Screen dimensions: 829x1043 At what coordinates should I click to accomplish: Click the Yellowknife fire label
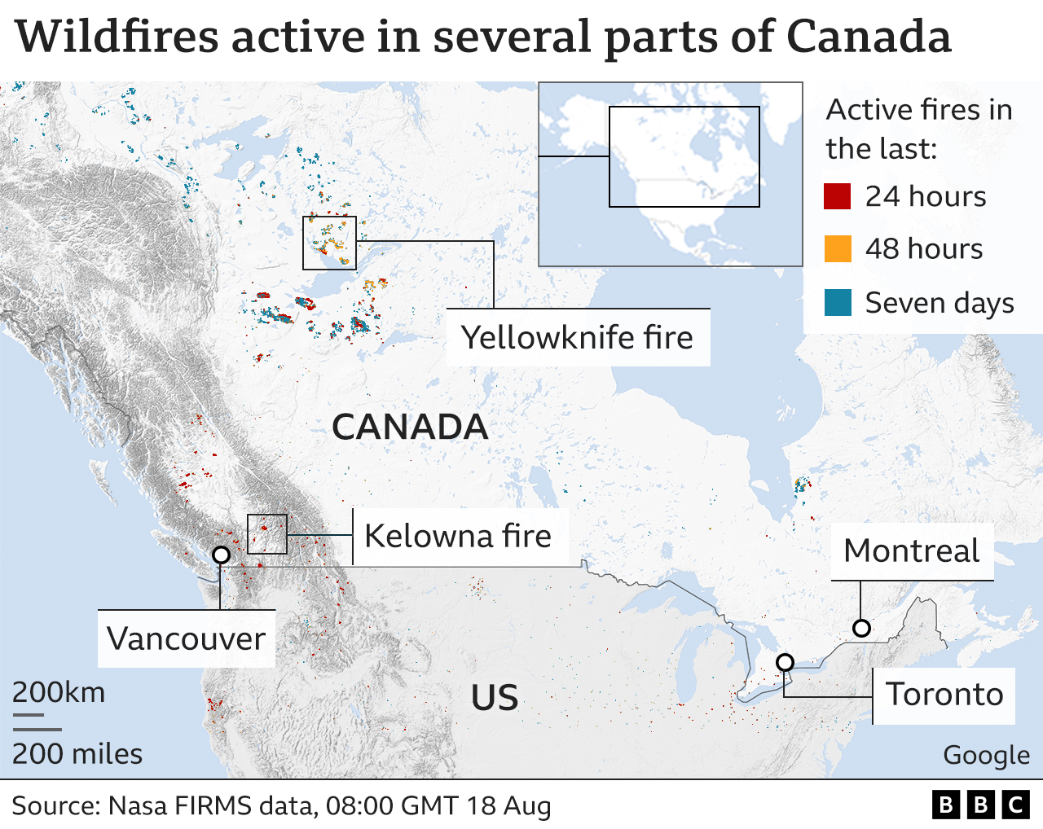pyautogui.click(x=577, y=337)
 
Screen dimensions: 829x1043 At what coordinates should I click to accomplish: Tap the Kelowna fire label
pyautogui.click(x=457, y=536)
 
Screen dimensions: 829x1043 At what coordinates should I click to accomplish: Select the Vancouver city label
pyautogui.click(x=186, y=638)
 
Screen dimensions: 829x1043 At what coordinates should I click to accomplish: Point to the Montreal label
pyautogui.click(x=911, y=551)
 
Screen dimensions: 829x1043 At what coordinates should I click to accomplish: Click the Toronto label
pyautogui.click(x=944, y=695)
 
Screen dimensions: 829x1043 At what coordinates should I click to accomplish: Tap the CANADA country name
pyautogui.click(x=410, y=428)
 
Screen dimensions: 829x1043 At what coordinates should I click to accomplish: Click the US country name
pyautogui.click(x=495, y=698)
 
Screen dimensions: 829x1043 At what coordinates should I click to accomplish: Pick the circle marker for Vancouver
pyautogui.click(x=221, y=555)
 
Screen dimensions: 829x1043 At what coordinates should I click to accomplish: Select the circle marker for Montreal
pyautogui.click(x=861, y=628)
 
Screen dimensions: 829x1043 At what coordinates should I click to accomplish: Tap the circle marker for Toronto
pyautogui.click(x=785, y=662)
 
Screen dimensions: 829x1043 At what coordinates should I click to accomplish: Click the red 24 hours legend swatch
pyautogui.click(x=838, y=196)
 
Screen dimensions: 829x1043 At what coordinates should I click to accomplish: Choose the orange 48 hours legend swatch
pyautogui.click(x=838, y=248)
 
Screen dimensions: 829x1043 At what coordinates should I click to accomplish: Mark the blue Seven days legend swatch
pyautogui.click(x=838, y=302)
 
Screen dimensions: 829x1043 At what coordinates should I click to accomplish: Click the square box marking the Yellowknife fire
pyautogui.click(x=329, y=243)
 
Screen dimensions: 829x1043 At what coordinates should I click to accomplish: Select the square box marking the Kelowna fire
pyautogui.click(x=267, y=534)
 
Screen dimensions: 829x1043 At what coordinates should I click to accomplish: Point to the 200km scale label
pyautogui.click(x=59, y=692)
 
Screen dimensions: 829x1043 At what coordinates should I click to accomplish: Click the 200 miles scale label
pyautogui.click(x=77, y=754)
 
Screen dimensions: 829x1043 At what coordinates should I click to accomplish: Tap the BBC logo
pyautogui.click(x=980, y=805)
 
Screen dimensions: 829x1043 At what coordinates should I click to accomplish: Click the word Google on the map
pyautogui.click(x=986, y=756)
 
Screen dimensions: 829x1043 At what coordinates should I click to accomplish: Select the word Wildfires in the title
pyautogui.click(x=117, y=37)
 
